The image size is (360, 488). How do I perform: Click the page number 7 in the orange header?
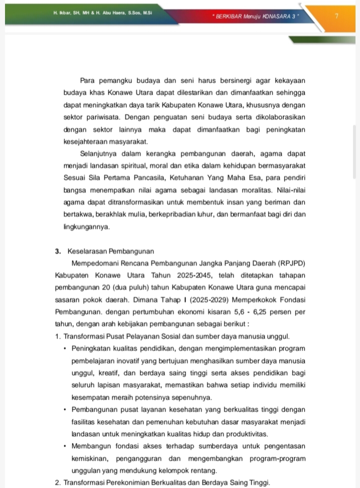click(x=336, y=15)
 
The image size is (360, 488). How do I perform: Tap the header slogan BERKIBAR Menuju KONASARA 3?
click(x=255, y=16)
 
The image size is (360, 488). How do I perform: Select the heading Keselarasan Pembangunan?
click(x=108, y=251)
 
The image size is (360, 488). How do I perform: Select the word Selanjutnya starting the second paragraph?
click(x=102, y=153)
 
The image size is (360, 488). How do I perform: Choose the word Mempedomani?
click(x=99, y=263)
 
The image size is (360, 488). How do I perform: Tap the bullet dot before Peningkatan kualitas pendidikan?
click(x=65, y=348)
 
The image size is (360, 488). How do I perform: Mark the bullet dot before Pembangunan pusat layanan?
click(x=65, y=409)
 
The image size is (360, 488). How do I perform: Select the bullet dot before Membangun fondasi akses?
click(x=65, y=446)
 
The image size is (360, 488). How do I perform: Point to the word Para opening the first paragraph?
click(x=88, y=81)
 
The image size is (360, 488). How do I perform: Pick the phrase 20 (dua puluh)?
click(x=120, y=287)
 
